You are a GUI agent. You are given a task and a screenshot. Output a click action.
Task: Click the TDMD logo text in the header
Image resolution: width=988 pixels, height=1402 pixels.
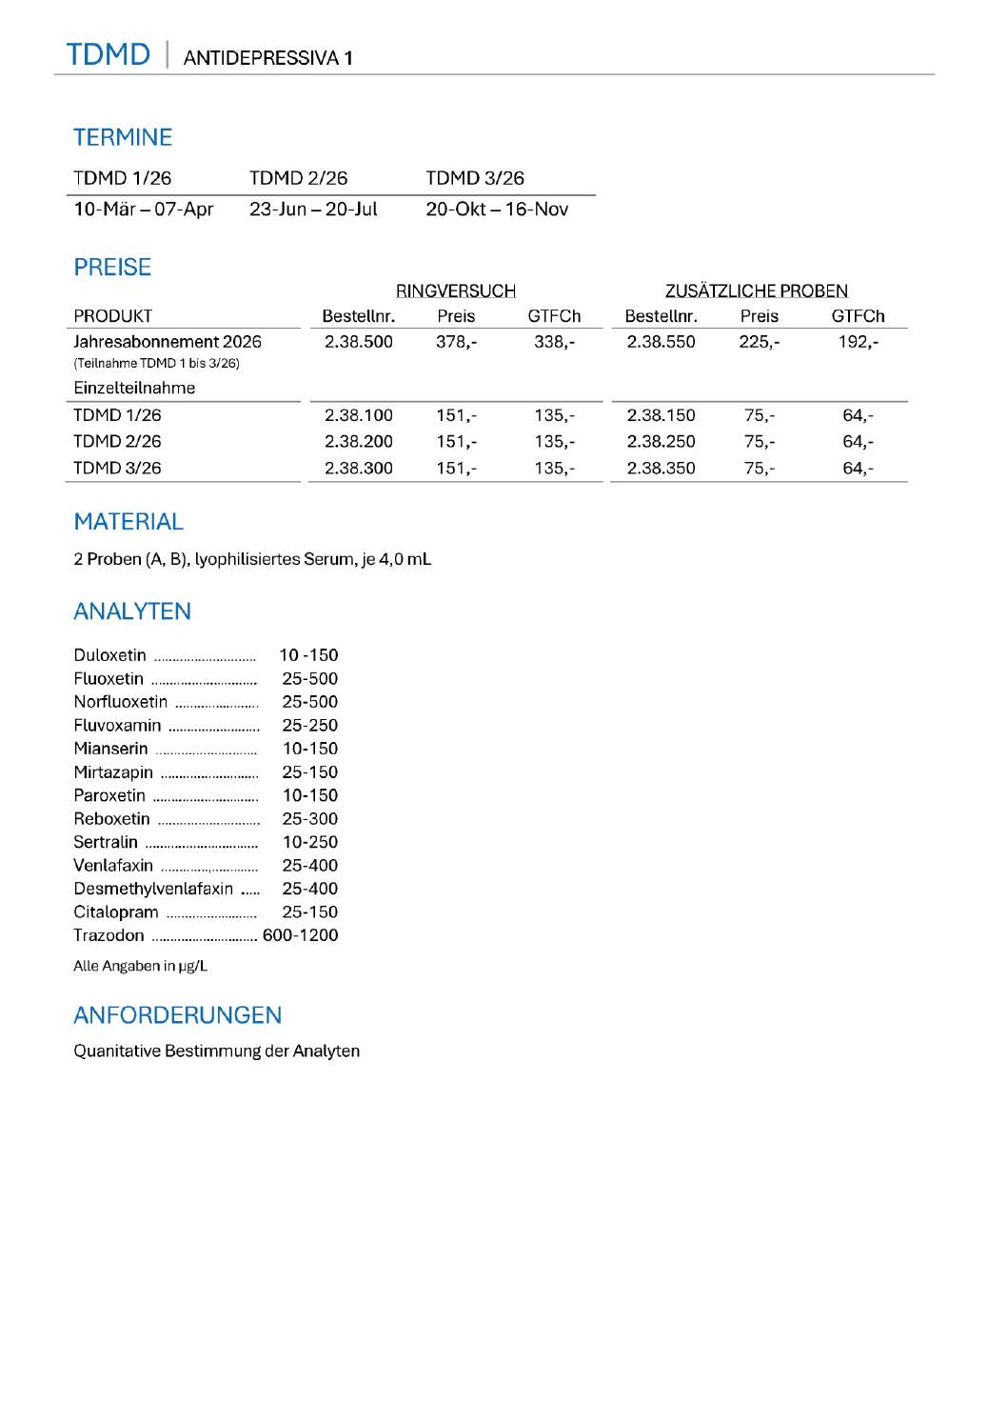click(108, 54)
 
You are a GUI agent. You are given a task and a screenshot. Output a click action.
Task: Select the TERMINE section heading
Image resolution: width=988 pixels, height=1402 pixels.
click(123, 137)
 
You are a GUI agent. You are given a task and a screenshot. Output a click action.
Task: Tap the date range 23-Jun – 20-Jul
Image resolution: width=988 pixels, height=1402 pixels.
click(313, 210)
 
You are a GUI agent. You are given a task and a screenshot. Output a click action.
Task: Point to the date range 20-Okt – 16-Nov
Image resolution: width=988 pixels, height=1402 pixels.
click(497, 210)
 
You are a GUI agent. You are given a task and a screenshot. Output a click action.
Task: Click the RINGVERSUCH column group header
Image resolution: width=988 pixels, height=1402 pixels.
click(456, 290)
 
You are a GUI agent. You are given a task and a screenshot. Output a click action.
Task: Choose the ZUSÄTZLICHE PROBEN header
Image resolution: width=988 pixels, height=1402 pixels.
click(756, 290)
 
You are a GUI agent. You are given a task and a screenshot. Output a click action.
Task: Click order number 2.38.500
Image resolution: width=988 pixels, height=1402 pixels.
click(359, 342)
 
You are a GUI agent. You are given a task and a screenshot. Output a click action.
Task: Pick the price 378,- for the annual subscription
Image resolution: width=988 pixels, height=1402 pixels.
click(457, 342)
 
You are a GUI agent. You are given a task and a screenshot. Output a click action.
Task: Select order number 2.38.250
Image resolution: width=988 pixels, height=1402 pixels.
click(661, 442)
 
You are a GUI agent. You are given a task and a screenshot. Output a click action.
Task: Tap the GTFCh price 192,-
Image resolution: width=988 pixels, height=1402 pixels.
click(858, 342)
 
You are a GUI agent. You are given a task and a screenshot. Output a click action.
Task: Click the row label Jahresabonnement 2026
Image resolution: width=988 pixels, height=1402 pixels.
click(168, 342)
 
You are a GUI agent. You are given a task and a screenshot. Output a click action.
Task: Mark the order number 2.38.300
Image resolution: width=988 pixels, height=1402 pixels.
click(359, 469)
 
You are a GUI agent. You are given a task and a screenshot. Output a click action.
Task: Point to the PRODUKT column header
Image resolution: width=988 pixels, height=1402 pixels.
click(112, 316)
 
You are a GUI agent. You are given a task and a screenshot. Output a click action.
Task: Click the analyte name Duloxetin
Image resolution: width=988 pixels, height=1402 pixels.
click(109, 655)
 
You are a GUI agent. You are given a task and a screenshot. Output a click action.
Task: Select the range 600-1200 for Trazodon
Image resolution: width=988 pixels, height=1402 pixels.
click(300, 935)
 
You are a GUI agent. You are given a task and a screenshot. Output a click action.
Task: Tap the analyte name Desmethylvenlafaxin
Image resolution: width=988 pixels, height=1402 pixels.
click(153, 889)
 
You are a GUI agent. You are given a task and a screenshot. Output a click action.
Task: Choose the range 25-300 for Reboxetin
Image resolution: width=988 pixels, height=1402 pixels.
click(309, 819)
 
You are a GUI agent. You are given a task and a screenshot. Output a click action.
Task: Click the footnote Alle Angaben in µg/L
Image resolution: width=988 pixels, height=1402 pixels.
click(140, 966)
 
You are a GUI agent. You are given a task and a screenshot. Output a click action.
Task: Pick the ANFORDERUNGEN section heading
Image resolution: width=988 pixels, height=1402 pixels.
click(178, 1015)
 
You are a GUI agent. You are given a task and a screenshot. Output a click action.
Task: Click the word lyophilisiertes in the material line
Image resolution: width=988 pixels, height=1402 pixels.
click(247, 559)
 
